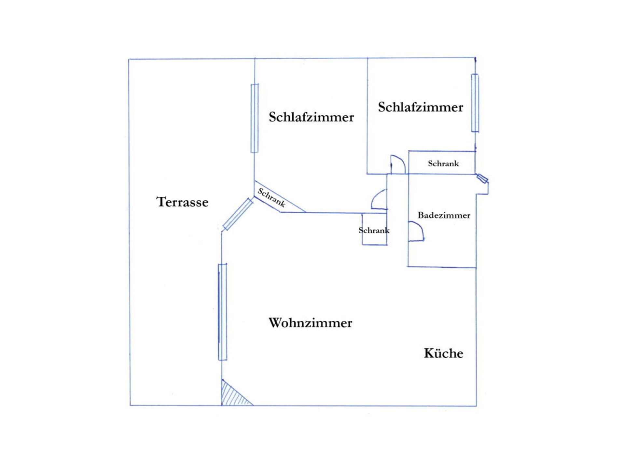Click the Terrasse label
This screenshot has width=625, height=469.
pyautogui.click(x=182, y=202)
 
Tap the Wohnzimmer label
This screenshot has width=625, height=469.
pyautogui.click(x=311, y=323)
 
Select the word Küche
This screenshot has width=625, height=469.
pyautogui.click(x=443, y=353)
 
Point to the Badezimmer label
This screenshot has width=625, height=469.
pyautogui.click(x=444, y=215)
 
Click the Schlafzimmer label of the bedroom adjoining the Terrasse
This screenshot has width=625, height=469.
pyautogui.click(x=311, y=117)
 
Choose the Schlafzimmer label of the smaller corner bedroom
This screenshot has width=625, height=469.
pyautogui.click(x=421, y=107)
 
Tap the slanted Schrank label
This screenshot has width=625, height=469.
pyautogui.click(x=271, y=197)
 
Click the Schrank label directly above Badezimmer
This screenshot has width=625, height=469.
pyautogui.click(x=443, y=163)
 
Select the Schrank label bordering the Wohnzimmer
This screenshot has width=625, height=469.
pyautogui.click(x=374, y=230)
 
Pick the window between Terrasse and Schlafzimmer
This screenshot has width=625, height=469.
pyautogui.click(x=255, y=118)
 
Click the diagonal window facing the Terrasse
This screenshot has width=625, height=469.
pyautogui.click(x=238, y=214)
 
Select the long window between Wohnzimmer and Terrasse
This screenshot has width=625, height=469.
pyautogui.click(x=223, y=312)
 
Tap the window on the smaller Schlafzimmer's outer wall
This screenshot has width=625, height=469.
pyautogui.click(x=475, y=103)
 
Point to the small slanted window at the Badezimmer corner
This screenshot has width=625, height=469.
pyautogui.click(x=482, y=178)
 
